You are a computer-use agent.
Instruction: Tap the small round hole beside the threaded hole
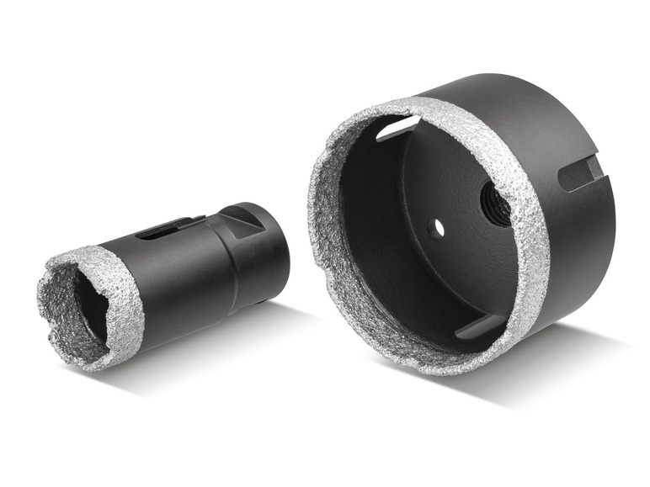pos(435,227)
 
